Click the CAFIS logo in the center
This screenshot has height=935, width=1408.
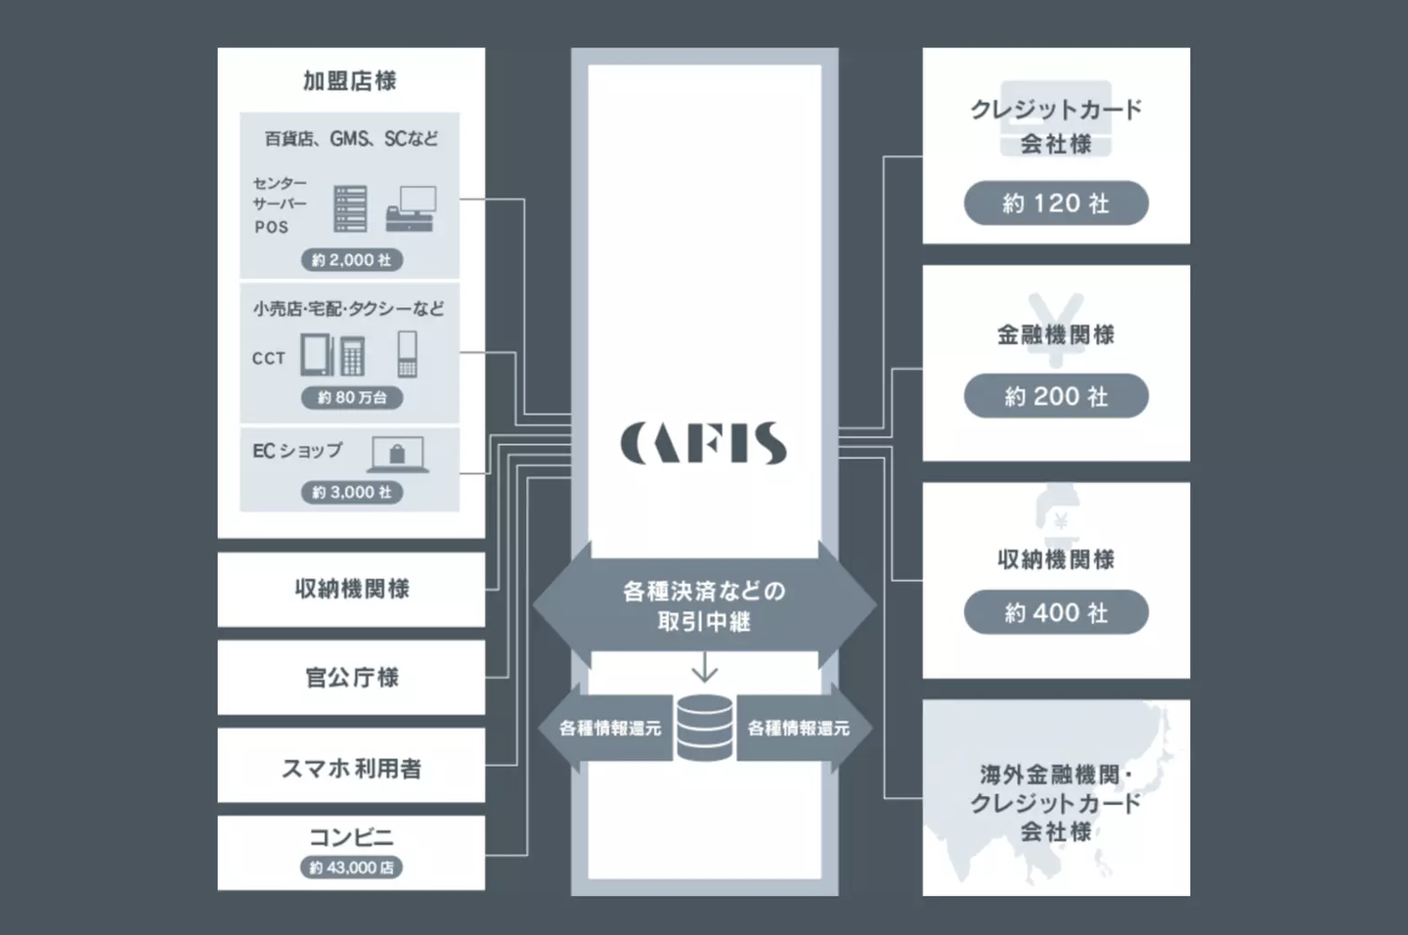point(703,443)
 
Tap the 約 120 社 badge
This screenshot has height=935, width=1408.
point(1056,203)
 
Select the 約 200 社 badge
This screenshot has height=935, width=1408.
point(1056,396)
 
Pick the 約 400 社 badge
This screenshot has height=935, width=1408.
point(1056,612)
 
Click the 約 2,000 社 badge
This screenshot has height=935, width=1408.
point(352,260)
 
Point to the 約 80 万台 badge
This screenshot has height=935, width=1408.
point(352,397)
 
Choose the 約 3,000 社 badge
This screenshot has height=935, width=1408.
point(352,492)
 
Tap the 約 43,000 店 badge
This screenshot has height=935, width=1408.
point(351,868)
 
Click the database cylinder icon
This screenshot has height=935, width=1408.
point(705,728)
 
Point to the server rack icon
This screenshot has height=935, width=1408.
point(350,208)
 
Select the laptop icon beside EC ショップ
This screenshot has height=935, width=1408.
point(398,454)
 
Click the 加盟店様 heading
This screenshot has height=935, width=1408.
point(350,80)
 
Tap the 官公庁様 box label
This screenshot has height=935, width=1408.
point(352,677)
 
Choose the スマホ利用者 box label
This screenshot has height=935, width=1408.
point(351,769)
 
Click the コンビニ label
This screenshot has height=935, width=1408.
point(351,837)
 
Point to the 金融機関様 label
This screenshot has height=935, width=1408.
point(1056,334)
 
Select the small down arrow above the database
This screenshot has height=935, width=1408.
point(705,667)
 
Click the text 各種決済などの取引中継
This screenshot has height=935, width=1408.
point(705,605)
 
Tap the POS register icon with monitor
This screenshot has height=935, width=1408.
point(411,208)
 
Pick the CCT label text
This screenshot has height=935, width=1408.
point(269,358)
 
